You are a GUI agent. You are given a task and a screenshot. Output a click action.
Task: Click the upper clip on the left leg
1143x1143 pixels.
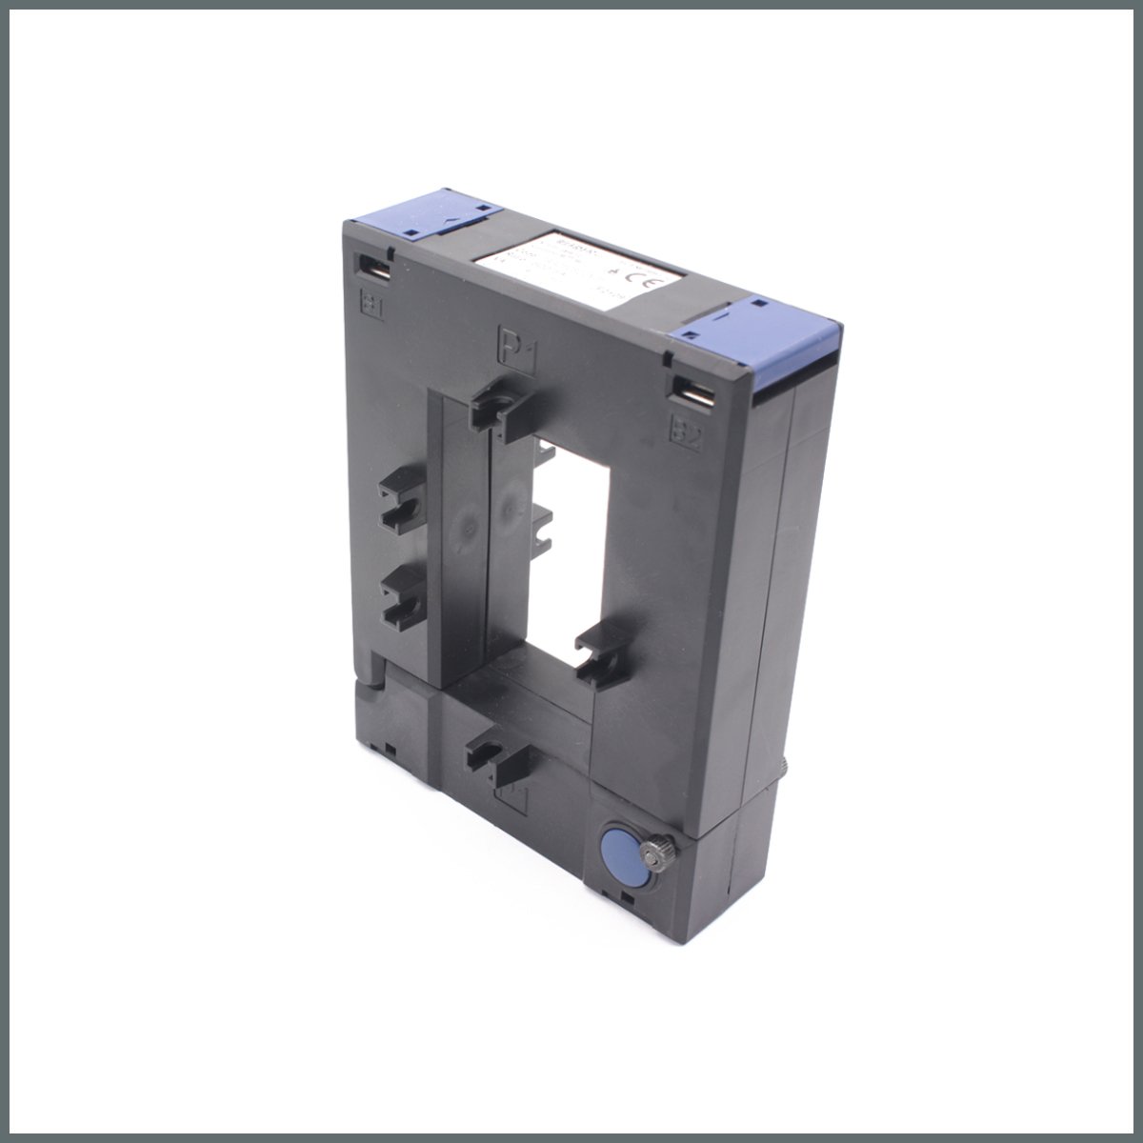398,500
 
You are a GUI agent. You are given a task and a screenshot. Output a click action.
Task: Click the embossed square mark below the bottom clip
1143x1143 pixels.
513,797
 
